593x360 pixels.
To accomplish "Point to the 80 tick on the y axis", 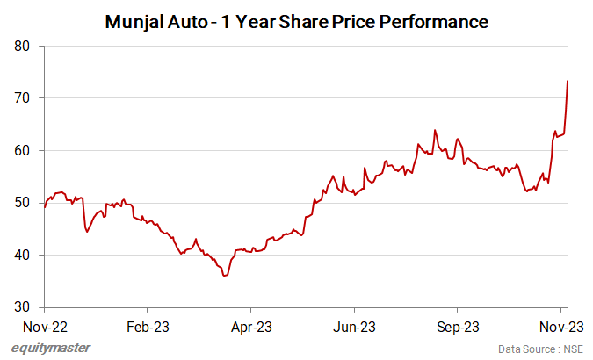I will point(25,46).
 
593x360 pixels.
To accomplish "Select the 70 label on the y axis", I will point(25,98).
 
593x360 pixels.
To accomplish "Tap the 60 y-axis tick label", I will point(25,150).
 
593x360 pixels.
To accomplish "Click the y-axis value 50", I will point(25,203).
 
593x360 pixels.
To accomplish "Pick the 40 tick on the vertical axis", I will point(25,255).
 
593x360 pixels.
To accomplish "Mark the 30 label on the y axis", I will point(25,307).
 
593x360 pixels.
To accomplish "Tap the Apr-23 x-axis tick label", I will point(250,326).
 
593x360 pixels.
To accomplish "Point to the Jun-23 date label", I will point(354,326).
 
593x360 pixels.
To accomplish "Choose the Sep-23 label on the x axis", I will point(458,326).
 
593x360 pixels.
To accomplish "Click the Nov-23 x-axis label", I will point(561,326).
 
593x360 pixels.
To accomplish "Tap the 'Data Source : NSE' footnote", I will point(540,349).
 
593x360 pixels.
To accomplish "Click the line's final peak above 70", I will point(568,81).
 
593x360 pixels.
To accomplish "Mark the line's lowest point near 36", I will point(225,276).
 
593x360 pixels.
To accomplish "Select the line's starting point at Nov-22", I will point(44,207).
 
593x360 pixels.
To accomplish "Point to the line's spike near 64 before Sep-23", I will point(435,130).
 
